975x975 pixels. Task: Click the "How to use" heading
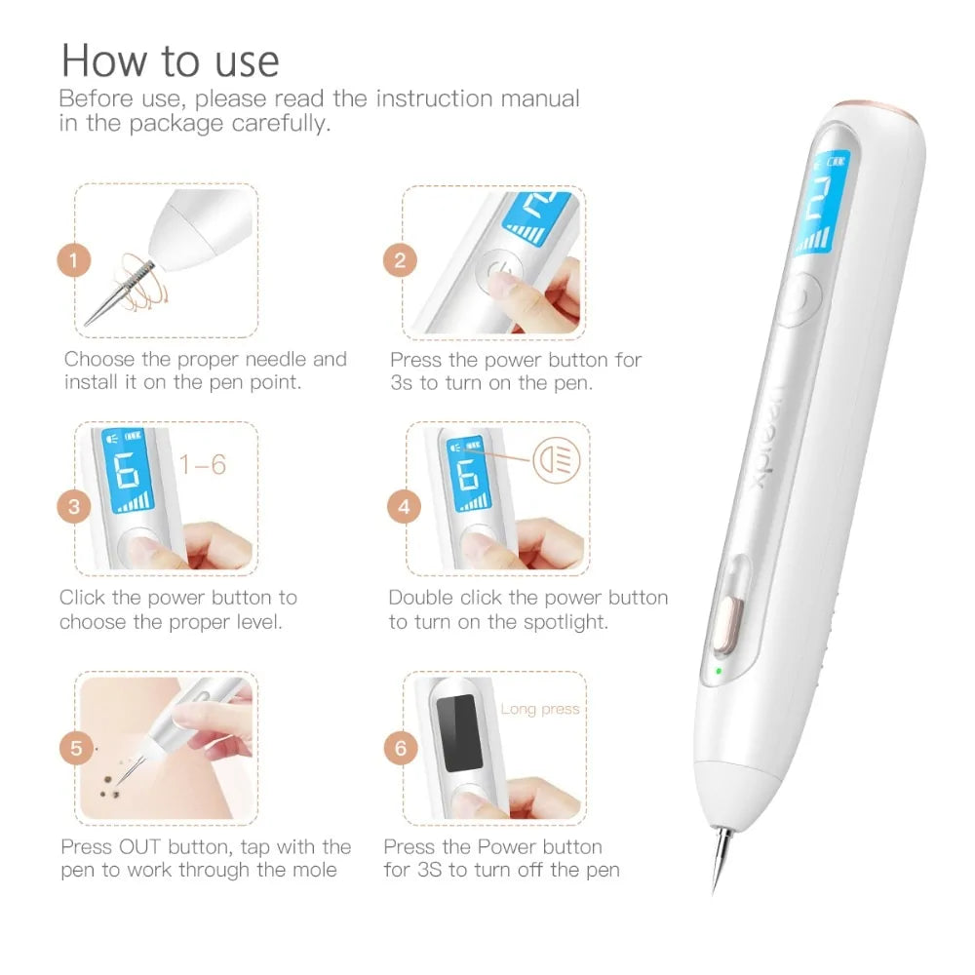[170, 60]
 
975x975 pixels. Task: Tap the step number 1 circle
[73, 260]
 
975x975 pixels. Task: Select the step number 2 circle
[400, 260]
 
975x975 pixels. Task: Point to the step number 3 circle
[73, 507]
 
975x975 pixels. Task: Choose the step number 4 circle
[404, 507]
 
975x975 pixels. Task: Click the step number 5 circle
[75, 748]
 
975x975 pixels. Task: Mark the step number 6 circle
[400, 748]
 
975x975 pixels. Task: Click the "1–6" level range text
[203, 465]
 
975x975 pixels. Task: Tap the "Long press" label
[539, 709]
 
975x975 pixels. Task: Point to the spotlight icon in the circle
[556, 456]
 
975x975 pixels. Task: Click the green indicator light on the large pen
[719, 671]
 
